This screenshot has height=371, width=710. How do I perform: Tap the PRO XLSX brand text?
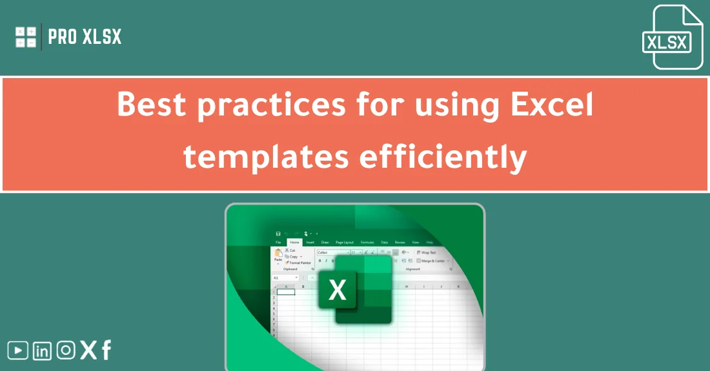[85, 37]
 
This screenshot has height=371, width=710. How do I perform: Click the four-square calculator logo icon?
[26, 37]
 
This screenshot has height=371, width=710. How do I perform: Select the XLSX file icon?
[668, 37]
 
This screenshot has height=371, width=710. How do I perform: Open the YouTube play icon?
[17, 350]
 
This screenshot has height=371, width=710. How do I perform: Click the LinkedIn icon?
[42, 351]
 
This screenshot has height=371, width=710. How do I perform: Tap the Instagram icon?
[65, 350]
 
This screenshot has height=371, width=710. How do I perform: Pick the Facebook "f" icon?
[107, 350]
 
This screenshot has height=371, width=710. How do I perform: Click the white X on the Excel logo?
[338, 290]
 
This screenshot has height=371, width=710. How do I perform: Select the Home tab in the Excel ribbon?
[294, 242]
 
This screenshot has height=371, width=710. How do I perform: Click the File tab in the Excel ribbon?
[278, 242]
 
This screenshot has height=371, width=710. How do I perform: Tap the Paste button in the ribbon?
[278, 256]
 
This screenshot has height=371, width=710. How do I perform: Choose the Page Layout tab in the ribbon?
[344, 242]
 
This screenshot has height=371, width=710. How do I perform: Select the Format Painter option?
[299, 263]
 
